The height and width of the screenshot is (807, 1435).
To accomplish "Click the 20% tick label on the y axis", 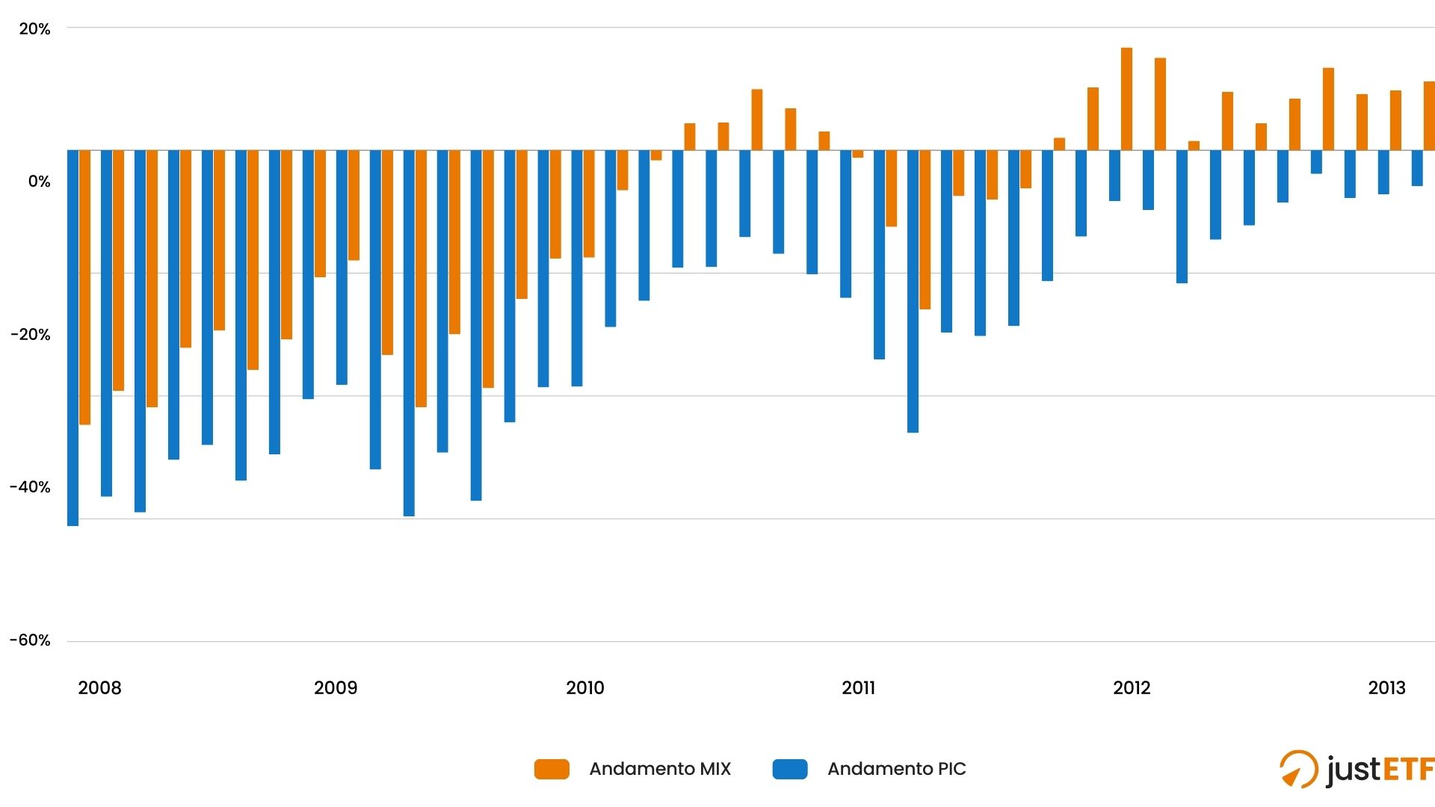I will click(34, 29).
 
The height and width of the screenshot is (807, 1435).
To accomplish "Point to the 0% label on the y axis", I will click(39, 182).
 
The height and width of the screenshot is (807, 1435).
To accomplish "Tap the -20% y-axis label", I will click(31, 335).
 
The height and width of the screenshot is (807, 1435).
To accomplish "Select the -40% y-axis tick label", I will click(31, 487).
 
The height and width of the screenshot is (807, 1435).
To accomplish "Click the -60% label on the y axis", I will click(31, 640).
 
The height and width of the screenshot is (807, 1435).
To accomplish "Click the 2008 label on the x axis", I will click(99, 688).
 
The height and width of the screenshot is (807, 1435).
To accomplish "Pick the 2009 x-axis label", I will click(336, 688).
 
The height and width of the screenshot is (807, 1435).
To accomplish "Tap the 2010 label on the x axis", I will click(585, 688).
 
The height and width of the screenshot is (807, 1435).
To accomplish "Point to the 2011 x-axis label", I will click(858, 688).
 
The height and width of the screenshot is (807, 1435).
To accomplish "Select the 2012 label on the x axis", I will click(1132, 688).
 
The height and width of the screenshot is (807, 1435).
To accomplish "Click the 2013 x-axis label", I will click(1386, 688).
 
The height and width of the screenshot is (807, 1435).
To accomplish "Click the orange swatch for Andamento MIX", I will click(552, 769).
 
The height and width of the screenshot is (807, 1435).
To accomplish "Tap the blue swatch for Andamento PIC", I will click(790, 769).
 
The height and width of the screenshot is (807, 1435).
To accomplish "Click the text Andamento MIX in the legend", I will click(660, 769).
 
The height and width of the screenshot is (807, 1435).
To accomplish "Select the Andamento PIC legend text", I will click(896, 769).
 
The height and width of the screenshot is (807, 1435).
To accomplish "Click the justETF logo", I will click(1356, 770).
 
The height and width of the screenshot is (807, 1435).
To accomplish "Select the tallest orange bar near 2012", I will click(1126, 99).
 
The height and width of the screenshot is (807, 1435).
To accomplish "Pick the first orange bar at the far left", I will click(84, 288).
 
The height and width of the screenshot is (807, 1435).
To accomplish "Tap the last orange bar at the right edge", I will click(1429, 116).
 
